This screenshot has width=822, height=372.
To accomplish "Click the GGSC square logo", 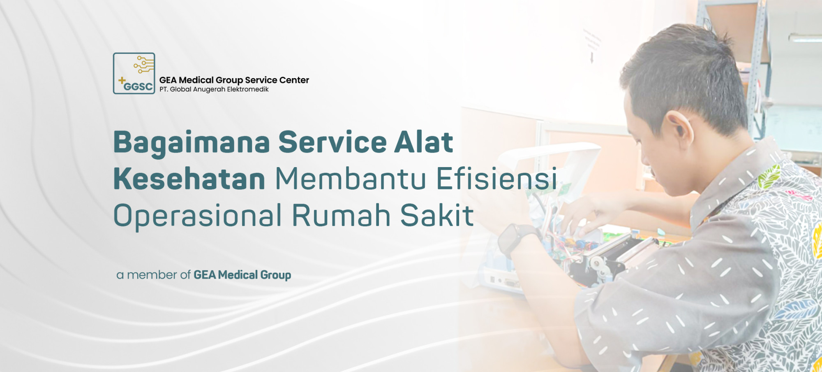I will pyautogui.click(x=134, y=73).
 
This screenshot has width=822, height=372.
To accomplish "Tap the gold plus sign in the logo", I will pyautogui.click(x=122, y=80).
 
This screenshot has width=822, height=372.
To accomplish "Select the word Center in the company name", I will pyautogui.click(x=294, y=80).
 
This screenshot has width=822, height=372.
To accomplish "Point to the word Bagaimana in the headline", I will pyautogui.click(x=192, y=142).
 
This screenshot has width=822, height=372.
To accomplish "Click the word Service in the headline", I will pyautogui.click(x=332, y=142).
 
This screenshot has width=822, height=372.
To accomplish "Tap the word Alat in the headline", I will pyautogui.click(x=424, y=142).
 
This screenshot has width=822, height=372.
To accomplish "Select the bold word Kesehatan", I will pyautogui.click(x=189, y=179).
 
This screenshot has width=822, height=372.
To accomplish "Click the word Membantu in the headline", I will pyautogui.click(x=351, y=179).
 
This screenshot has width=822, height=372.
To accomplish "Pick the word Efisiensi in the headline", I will pyautogui.click(x=496, y=179).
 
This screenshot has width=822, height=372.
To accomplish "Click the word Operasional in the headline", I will pyautogui.click(x=197, y=216).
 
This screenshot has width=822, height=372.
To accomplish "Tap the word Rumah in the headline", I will pyautogui.click(x=341, y=216).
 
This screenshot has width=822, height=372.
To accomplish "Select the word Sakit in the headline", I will pyautogui.click(x=437, y=216).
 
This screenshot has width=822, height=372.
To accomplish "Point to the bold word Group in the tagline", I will pyautogui.click(x=276, y=275).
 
